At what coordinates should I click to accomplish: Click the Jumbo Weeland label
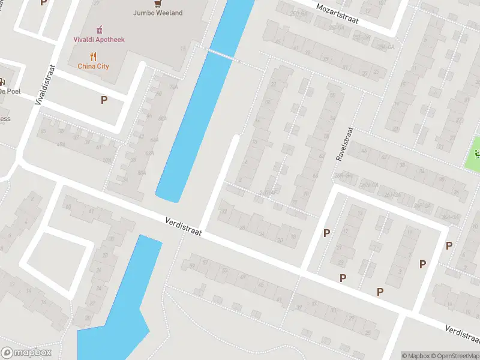click(x=158, y=13)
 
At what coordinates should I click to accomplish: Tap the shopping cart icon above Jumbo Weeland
click(x=158, y=2)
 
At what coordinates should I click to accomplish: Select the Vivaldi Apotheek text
click(x=100, y=40)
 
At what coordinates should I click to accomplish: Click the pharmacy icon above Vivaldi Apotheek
click(x=100, y=29)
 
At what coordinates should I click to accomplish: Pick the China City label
click(x=94, y=66)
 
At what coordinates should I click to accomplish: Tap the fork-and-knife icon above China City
click(x=94, y=56)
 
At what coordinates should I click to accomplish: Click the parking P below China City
click(x=104, y=100)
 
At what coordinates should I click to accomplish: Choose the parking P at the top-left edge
click(x=43, y=2)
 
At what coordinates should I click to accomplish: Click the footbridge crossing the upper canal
click(x=223, y=55)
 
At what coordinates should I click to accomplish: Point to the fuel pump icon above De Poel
click(x=2, y=82)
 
